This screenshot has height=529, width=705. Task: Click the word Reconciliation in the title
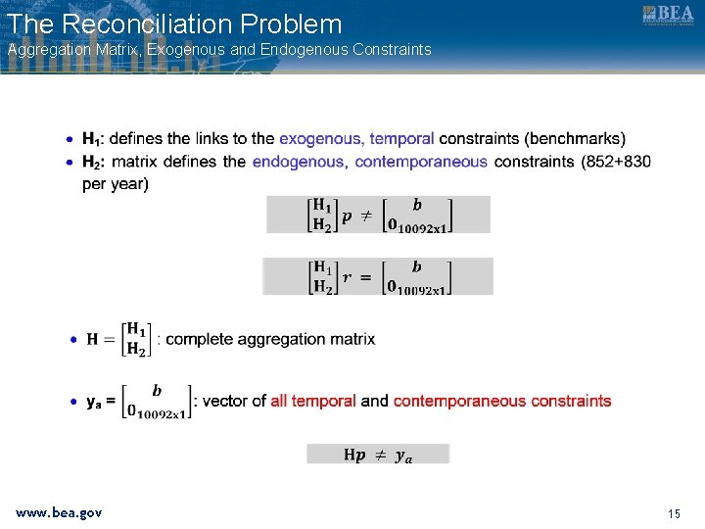[147, 24]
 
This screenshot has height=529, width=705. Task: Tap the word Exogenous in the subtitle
[186, 50]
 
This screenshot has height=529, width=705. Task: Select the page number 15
[674, 513]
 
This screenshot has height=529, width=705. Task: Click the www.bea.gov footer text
[59, 512]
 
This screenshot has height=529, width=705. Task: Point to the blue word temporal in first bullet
[401, 138]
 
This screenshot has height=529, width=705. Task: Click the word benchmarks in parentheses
[575, 138]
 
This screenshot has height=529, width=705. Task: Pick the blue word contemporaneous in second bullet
[421, 162]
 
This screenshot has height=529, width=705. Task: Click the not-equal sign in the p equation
[366, 216]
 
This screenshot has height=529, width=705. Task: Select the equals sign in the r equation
[366, 278]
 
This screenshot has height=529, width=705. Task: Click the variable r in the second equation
[347, 277]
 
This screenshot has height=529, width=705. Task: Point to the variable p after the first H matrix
[347, 217]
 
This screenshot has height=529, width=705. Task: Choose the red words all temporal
[313, 401]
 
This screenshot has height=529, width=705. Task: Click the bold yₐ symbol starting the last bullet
[94, 402]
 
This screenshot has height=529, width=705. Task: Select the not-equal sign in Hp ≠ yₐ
[380, 456]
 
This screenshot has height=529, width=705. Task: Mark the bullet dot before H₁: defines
[70, 139]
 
